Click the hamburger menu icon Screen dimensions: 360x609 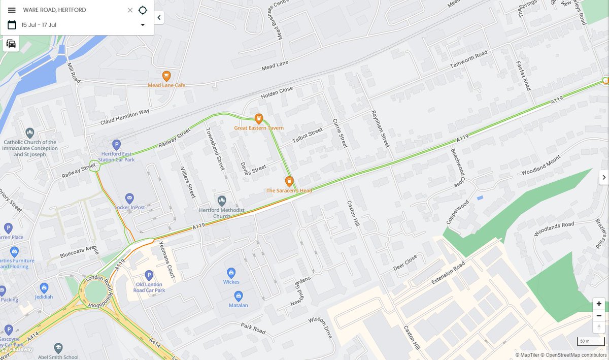point(12,10)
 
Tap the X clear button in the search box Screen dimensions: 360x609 point(130,10)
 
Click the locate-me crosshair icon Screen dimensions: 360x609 point(143,10)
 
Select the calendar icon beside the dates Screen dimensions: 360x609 point(12,25)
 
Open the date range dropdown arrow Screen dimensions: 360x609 point(143,25)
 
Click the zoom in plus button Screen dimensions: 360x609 point(599,304)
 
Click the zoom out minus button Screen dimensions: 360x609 point(599,315)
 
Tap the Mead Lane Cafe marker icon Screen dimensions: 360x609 point(166,76)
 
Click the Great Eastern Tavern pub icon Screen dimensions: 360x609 point(258,119)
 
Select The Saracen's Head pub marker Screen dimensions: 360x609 point(289,181)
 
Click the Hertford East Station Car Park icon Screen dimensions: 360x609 point(116,144)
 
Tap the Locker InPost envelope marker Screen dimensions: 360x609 point(129,198)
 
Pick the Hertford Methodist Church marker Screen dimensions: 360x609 point(221,201)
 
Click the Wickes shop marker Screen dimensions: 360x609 point(231,273)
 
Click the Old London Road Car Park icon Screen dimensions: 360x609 point(149,275)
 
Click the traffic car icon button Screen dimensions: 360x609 point(11,44)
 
